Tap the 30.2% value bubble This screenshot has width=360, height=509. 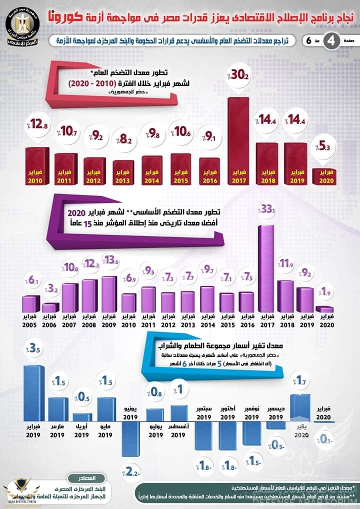tap(238, 76)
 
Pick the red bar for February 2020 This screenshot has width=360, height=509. tap(323, 176)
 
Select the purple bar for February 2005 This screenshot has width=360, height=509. tap(30, 304)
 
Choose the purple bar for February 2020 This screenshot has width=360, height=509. tap(323, 309)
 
